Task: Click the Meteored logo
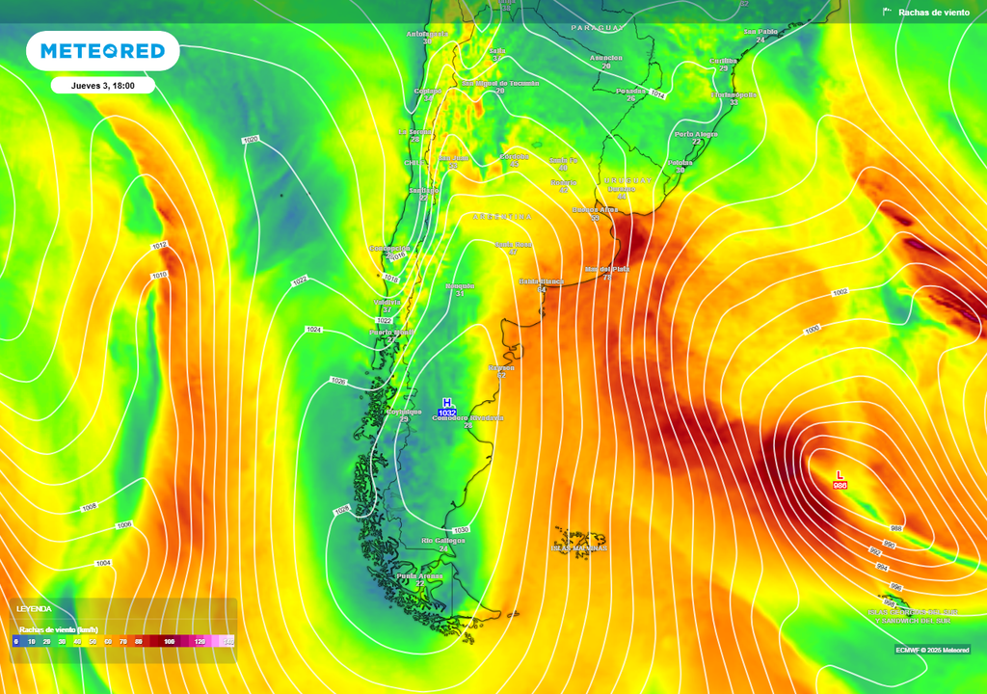tap(102, 51)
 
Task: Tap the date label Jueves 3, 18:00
tap(102, 86)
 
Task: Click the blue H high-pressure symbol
tap(446, 402)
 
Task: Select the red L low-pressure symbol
tap(840, 474)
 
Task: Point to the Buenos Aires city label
tap(595, 209)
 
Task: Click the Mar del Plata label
tap(607, 269)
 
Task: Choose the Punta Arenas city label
tap(419, 576)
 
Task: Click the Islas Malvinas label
tap(578, 547)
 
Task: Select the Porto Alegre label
tap(696, 134)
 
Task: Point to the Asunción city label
tap(605, 58)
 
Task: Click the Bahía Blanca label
tap(541, 281)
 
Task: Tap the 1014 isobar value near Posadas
tap(658, 94)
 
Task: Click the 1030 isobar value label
tap(461, 530)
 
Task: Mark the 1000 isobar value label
tap(813, 329)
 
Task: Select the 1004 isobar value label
tap(103, 563)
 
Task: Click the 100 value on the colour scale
tap(170, 641)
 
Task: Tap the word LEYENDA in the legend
tap(34, 609)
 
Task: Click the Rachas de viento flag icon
tap(887, 13)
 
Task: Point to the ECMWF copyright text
tap(932, 650)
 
